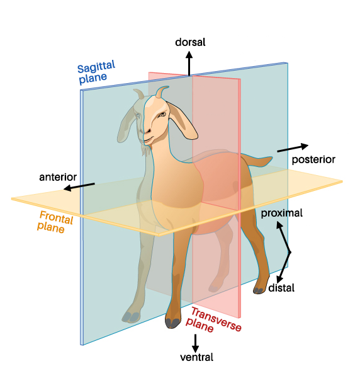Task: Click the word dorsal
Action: pyautogui.click(x=190, y=42)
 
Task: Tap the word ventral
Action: pyautogui.click(x=196, y=357)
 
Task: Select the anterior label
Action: pyautogui.click(x=58, y=177)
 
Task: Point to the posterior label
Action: pyautogui.click(x=313, y=159)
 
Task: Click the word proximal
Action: pyautogui.click(x=282, y=213)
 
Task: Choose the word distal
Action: pyautogui.click(x=281, y=288)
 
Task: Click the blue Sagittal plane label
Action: pyautogui.click(x=96, y=72)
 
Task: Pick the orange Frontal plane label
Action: pyautogui.click(x=55, y=222)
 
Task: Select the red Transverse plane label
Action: pyautogui.click(x=213, y=320)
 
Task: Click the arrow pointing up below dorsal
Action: pyautogui.click(x=189, y=64)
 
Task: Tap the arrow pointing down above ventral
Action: pyautogui.click(x=195, y=343)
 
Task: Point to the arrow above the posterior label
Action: pyautogui.click(x=293, y=148)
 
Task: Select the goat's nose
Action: pyautogui.click(x=147, y=131)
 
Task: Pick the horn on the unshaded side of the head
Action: pyautogui.click(x=161, y=92)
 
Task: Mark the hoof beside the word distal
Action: pyautogui.click(x=259, y=290)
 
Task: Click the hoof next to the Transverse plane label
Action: pyautogui.click(x=172, y=323)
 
